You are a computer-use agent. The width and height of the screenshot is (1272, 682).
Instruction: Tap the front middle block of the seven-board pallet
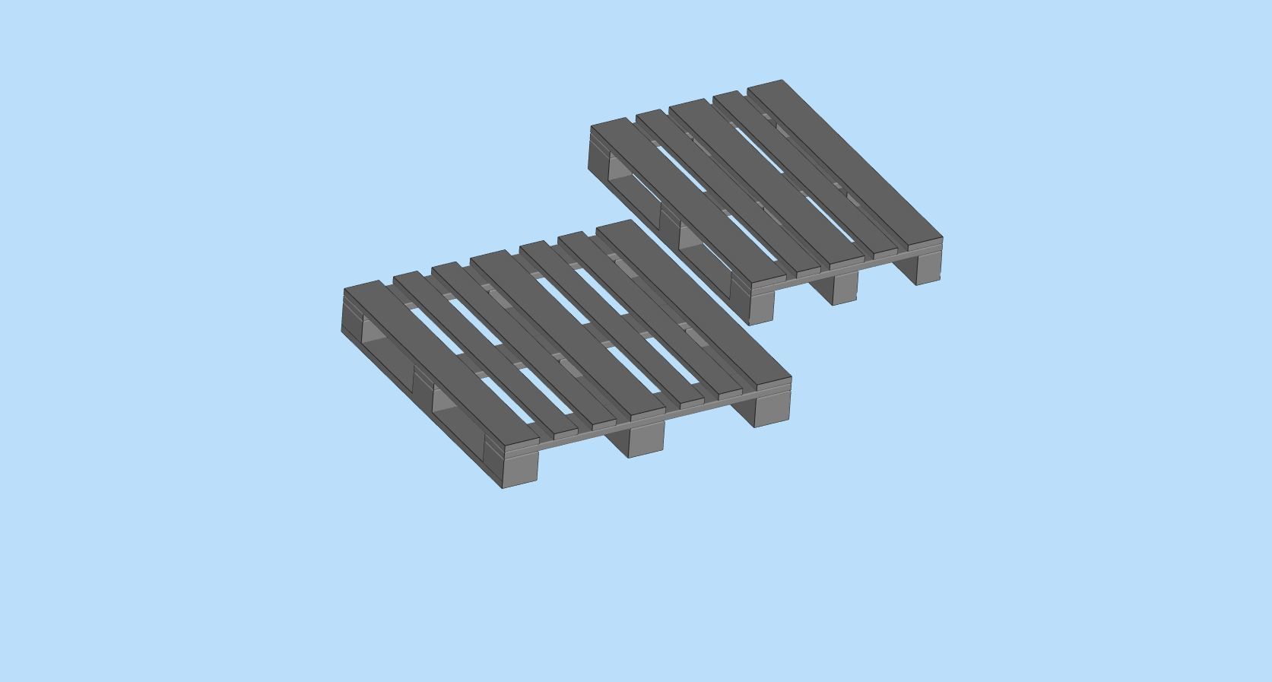646,439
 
